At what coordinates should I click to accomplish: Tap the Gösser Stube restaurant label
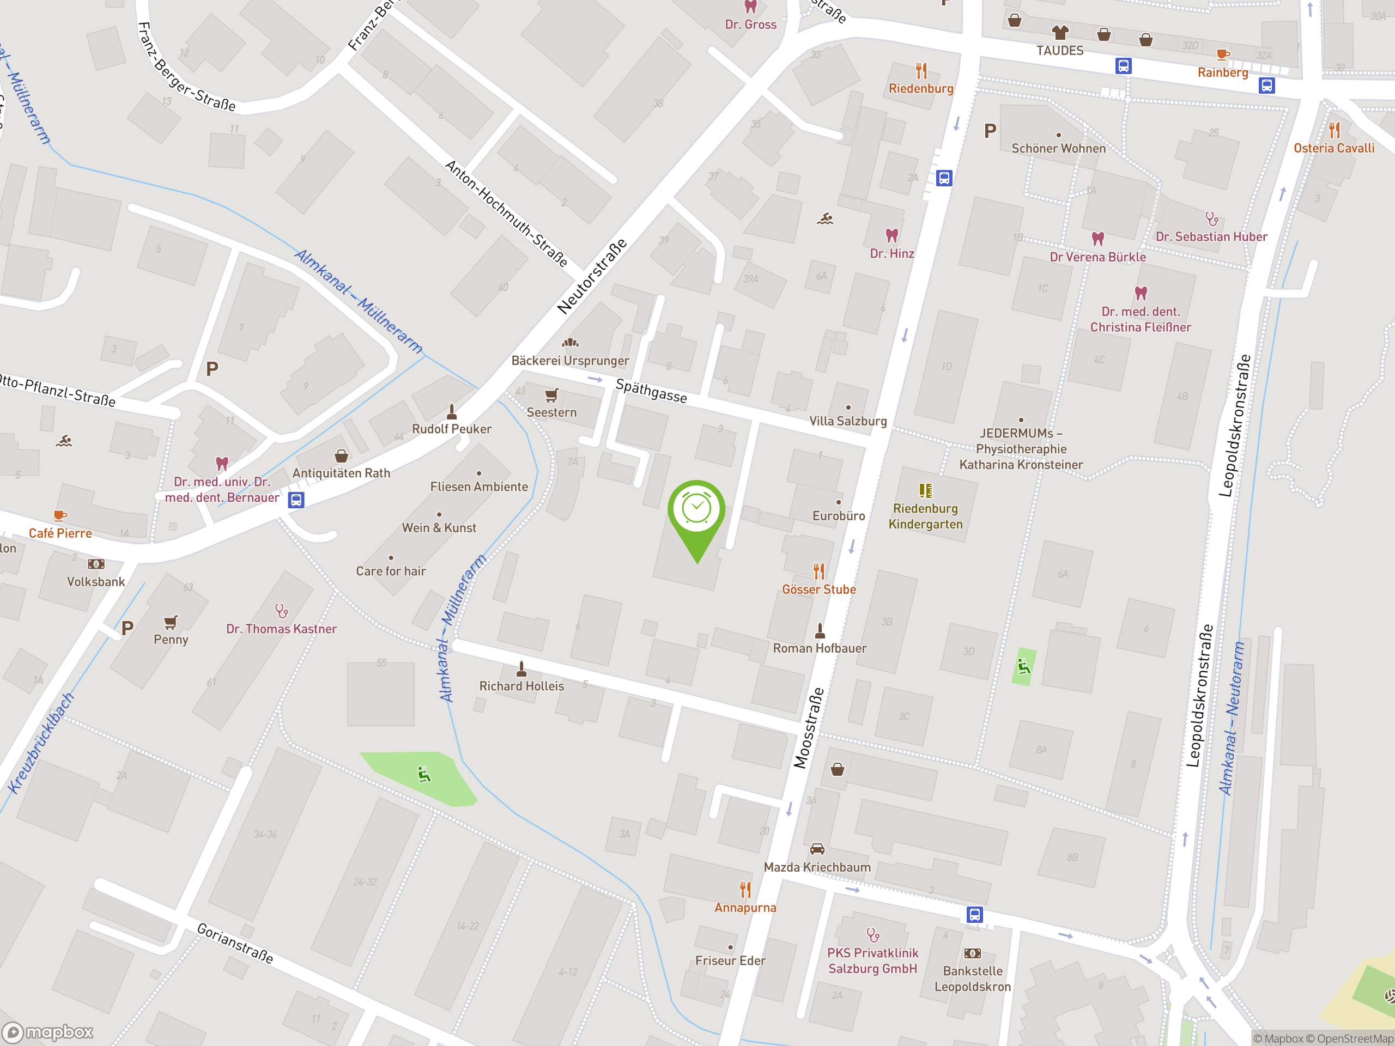818,589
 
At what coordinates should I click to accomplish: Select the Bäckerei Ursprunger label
569,361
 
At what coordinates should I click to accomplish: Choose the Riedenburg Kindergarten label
925,516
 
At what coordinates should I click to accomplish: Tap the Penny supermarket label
171,640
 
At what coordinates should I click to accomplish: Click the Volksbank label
96,581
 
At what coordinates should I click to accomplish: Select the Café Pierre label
60,533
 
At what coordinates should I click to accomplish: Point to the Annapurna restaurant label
745,907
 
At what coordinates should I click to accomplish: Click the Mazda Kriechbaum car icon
817,849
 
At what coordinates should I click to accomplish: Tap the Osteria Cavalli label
1333,148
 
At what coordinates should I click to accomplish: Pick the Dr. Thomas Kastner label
281,629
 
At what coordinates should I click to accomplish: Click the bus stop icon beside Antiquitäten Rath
296,500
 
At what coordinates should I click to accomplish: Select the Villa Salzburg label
847,421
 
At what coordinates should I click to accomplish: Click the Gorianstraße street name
235,943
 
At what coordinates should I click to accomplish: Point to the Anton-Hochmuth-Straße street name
506,213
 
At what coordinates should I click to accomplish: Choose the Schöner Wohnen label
1058,148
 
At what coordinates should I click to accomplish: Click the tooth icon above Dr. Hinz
891,236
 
